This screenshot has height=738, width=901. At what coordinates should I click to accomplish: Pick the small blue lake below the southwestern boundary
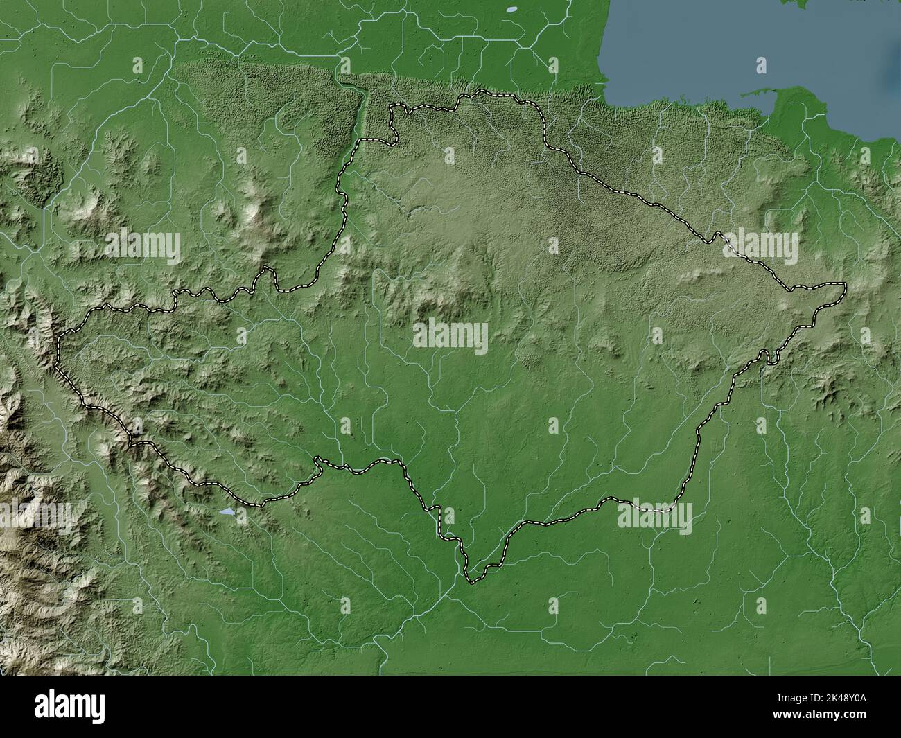click(x=227, y=513)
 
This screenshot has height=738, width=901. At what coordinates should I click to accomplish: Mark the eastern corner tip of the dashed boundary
click(x=845, y=284)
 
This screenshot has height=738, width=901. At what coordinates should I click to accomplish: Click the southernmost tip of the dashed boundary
click(x=472, y=581)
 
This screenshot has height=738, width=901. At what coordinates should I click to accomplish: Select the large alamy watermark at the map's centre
click(x=450, y=337)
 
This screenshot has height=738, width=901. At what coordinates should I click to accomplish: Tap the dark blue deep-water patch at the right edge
click(x=891, y=69)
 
